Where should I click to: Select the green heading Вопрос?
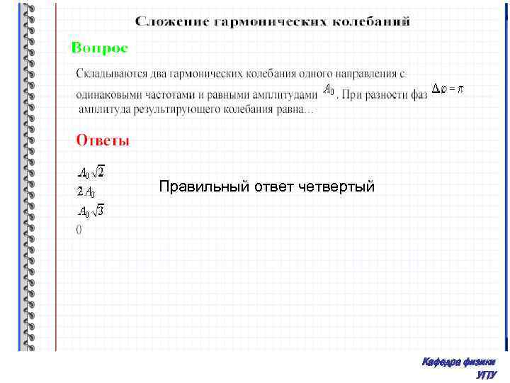click(x=99, y=48)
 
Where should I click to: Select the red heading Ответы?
click(x=103, y=140)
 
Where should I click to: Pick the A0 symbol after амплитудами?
click(x=329, y=90)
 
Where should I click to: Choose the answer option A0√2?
click(x=91, y=172)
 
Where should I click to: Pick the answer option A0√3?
click(x=91, y=211)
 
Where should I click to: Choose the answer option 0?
click(x=79, y=229)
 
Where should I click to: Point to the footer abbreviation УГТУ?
click(x=486, y=374)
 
